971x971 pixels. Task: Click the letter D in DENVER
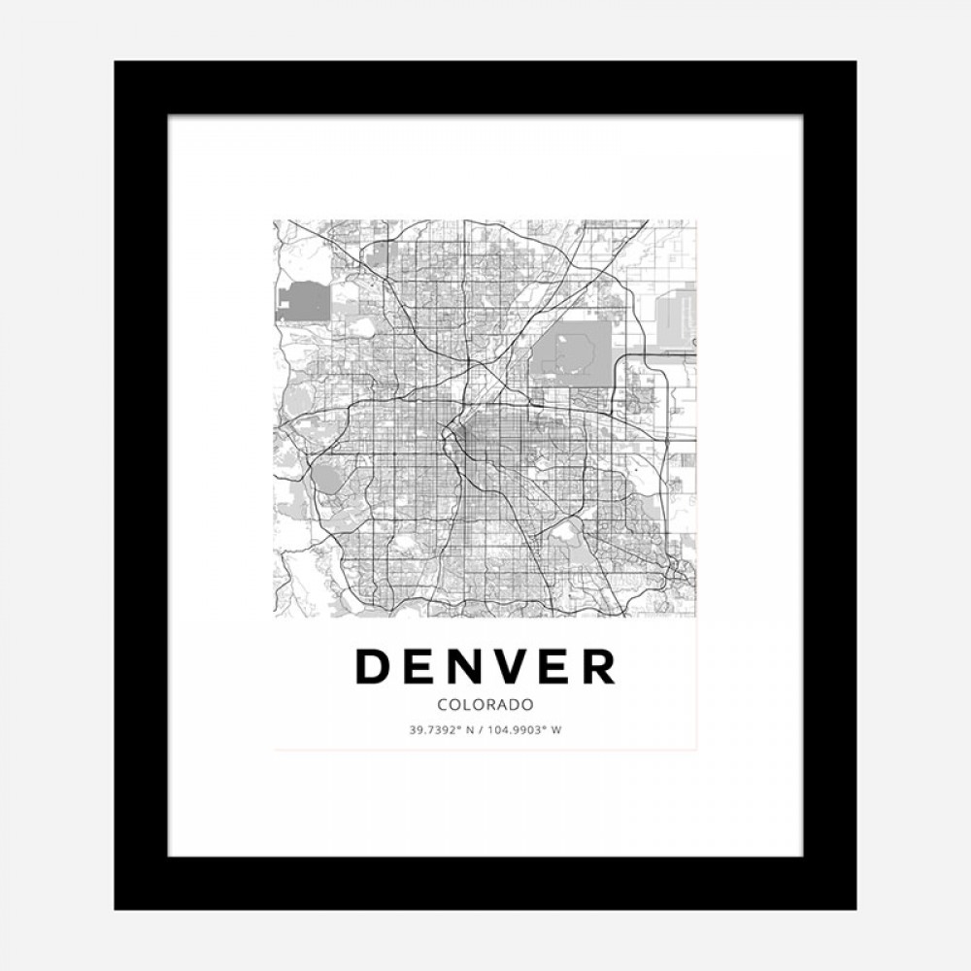point(373,666)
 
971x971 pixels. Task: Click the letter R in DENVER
point(599,666)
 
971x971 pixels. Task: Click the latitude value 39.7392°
point(438,729)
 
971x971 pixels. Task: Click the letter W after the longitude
point(556,729)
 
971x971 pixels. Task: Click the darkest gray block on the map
point(302,301)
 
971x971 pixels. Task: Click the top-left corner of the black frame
point(117,63)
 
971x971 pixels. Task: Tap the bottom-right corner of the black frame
point(854,908)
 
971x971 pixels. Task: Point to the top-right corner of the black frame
point(854,63)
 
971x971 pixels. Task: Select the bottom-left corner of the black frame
point(117,908)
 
